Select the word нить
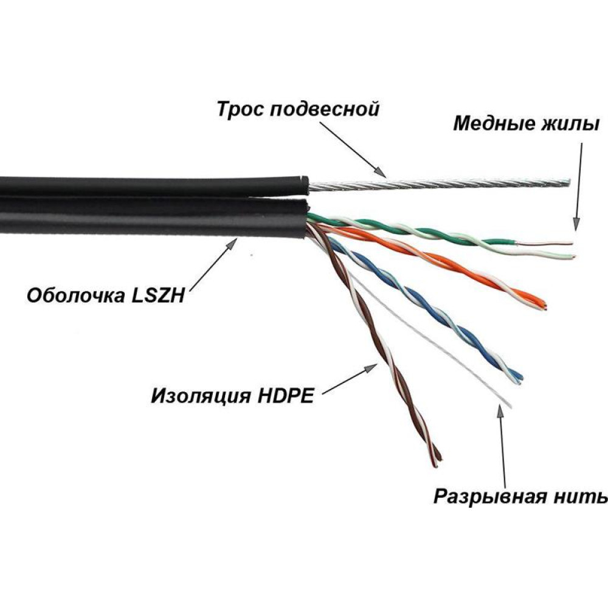[x=585, y=497]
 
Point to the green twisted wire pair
[x=426, y=231]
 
